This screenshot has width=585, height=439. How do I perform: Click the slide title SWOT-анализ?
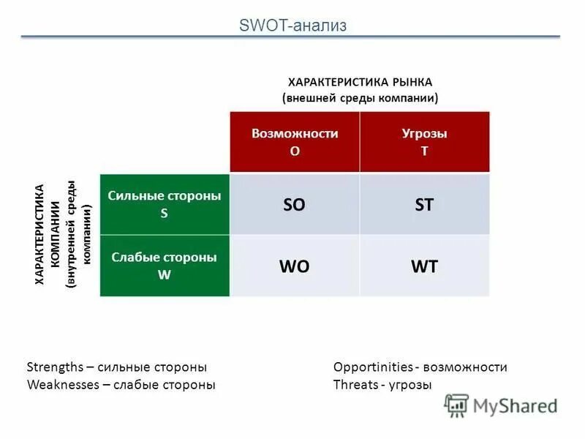tap(292, 26)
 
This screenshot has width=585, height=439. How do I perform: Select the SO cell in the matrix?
tap(294, 205)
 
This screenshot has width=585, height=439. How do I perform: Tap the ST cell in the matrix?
tap(424, 205)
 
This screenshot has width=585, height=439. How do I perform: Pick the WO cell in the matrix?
tap(294, 266)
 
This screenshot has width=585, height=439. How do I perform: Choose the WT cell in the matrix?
tap(424, 266)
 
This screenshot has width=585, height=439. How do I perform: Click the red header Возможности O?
tap(295, 142)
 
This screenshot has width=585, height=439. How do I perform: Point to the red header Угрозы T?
tap(424, 142)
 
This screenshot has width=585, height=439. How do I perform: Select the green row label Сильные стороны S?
tap(165, 203)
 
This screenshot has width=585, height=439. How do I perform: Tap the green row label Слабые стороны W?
tap(165, 265)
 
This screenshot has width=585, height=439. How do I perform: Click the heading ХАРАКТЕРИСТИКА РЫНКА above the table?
tap(360, 82)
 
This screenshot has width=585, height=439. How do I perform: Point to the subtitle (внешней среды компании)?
tap(360, 97)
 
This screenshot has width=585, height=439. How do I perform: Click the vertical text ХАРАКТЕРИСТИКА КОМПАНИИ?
tap(48, 234)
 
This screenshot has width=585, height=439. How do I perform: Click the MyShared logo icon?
tap(457, 405)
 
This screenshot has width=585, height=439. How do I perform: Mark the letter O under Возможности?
tap(295, 151)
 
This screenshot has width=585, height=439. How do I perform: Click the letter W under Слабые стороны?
tap(164, 274)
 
